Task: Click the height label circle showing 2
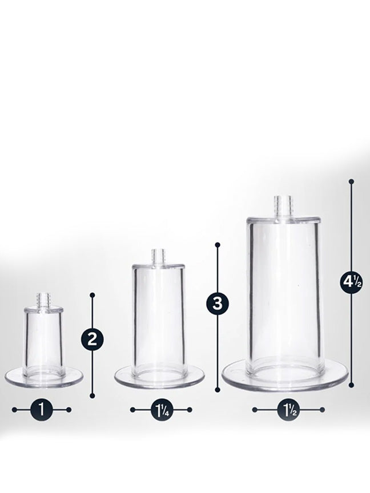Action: [92, 340]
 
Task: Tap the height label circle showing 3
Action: [218, 304]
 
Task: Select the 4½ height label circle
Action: [351, 282]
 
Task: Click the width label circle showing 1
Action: [42, 410]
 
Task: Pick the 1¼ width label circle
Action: [161, 410]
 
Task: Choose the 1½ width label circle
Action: [288, 410]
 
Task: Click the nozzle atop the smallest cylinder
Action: [43, 301]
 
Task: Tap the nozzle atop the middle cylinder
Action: [158, 257]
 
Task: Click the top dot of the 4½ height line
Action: [352, 181]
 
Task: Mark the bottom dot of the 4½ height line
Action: [352, 385]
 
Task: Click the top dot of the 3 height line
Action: [218, 244]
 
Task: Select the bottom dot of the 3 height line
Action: [218, 390]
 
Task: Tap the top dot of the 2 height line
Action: [92, 295]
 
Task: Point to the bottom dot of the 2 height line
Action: [92, 395]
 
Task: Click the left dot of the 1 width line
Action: [14, 410]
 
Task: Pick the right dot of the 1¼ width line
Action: [190, 410]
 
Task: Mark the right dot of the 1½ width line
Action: [322, 410]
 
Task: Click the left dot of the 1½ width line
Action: [255, 410]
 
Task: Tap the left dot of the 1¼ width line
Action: [132, 410]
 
